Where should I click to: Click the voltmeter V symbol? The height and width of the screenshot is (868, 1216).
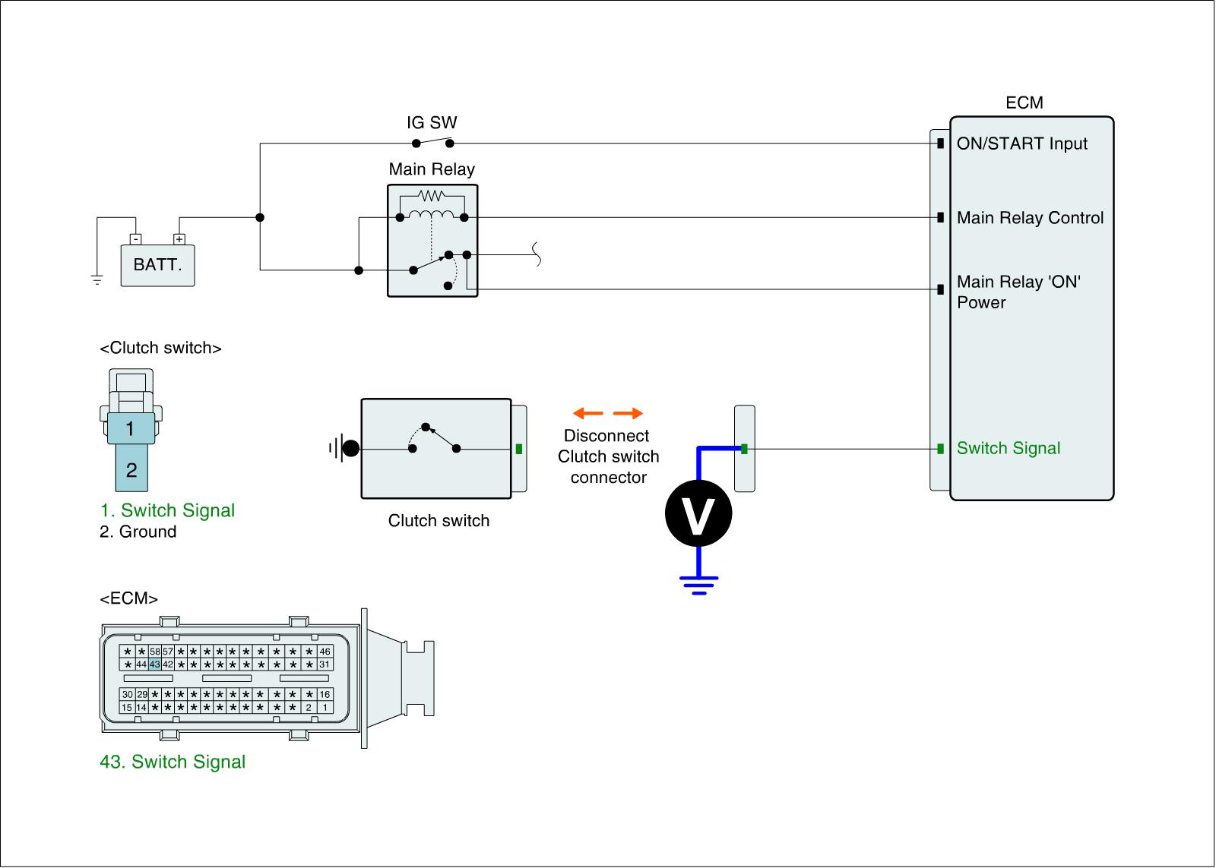click(698, 513)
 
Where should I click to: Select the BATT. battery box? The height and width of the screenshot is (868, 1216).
click(157, 265)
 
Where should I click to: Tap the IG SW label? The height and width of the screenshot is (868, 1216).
click(432, 123)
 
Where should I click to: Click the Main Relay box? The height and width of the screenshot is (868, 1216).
click(432, 240)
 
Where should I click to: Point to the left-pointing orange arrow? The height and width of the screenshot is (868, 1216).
click(587, 414)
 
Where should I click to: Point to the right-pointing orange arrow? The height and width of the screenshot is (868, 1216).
click(629, 414)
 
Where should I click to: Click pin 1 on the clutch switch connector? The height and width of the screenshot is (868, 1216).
click(130, 429)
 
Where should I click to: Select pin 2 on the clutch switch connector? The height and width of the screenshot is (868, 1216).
click(131, 470)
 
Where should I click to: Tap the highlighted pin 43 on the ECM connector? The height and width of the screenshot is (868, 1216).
click(155, 664)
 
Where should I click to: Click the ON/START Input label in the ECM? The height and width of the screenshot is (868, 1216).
click(1021, 144)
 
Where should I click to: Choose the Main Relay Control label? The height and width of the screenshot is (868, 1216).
click(1030, 218)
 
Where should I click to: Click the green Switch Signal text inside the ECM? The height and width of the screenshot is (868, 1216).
click(1008, 448)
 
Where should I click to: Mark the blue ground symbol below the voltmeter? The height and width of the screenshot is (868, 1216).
click(698, 584)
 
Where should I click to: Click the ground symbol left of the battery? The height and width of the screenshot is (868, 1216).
click(97, 280)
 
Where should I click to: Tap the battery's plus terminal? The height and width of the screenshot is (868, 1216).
click(179, 239)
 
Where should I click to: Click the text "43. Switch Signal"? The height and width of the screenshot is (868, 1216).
click(173, 762)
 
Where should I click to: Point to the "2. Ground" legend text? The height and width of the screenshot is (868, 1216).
click(138, 532)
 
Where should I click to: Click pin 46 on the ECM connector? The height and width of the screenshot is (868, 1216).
click(325, 652)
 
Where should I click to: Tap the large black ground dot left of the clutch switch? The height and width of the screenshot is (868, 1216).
click(350, 449)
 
